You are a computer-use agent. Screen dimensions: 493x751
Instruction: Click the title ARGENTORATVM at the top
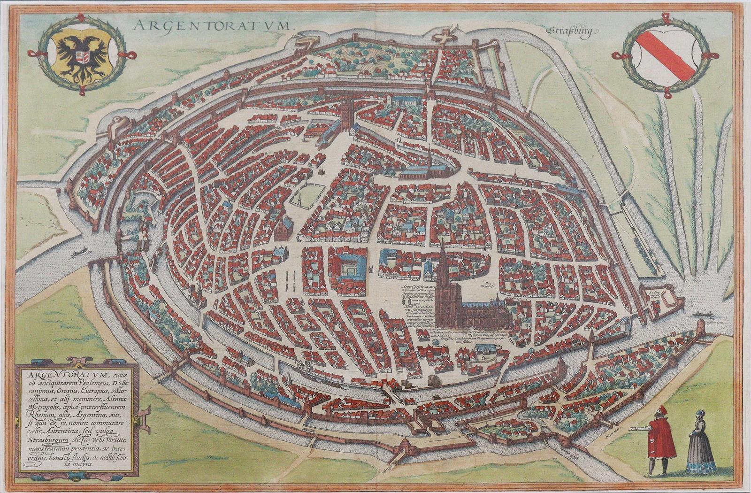tap(214, 25)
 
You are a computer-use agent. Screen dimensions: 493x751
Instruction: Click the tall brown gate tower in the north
tap(347, 115)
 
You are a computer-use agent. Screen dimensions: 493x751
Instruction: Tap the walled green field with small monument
tap(298, 197)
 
